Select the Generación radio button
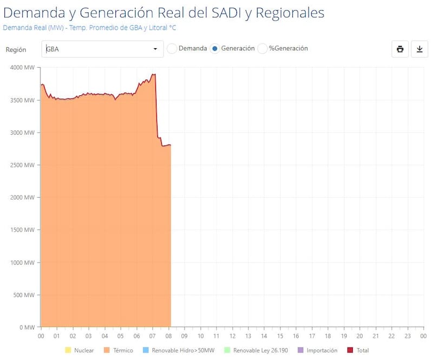click(x=214, y=49)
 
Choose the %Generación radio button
click(x=263, y=49)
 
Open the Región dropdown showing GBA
click(x=102, y=49)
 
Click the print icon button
click(x=400, y=49)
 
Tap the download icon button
click(x=419, y=49)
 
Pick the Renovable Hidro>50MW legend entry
click(x=178, y=350)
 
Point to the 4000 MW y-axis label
click(x=22, y=68)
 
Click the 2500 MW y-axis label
click(x=22, y=165)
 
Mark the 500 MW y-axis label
click(x=24, y=295)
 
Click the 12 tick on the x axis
click(x=232, y=336)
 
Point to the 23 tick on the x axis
click(x=407, y=336)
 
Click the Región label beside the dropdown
click(x=16, y=49)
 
